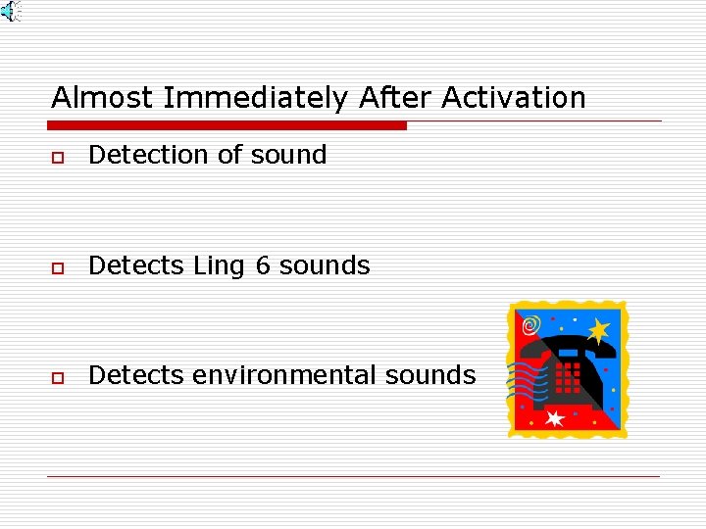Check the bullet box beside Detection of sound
[x=59, y=157]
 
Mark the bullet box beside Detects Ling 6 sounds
[x=59, y=267]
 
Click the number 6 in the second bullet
[x=263, y=265]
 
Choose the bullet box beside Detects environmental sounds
[x=59, y=377]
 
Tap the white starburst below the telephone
[x=555, y=418]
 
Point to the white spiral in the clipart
[x=530, y=324]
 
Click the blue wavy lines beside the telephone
[x=528, y=377]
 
